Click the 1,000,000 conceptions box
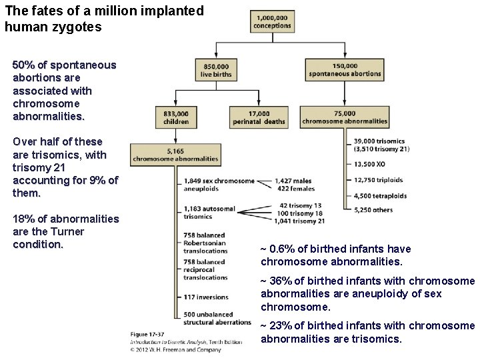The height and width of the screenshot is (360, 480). (272, 21)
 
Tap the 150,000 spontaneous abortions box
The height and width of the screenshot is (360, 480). (344, 70)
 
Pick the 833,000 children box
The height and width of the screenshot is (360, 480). (176, 117)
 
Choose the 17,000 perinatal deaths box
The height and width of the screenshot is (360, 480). (259, 117)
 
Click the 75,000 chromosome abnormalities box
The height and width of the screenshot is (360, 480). (344, 117)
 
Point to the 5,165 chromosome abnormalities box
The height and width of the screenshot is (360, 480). (175, 155)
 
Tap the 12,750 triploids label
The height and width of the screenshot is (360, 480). (379, 179)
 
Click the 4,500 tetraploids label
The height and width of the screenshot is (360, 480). (381, 196)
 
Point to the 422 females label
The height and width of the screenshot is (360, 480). (297, 189)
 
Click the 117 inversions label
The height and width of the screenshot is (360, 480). (206, 297)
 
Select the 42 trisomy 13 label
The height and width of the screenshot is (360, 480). (301, 205)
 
